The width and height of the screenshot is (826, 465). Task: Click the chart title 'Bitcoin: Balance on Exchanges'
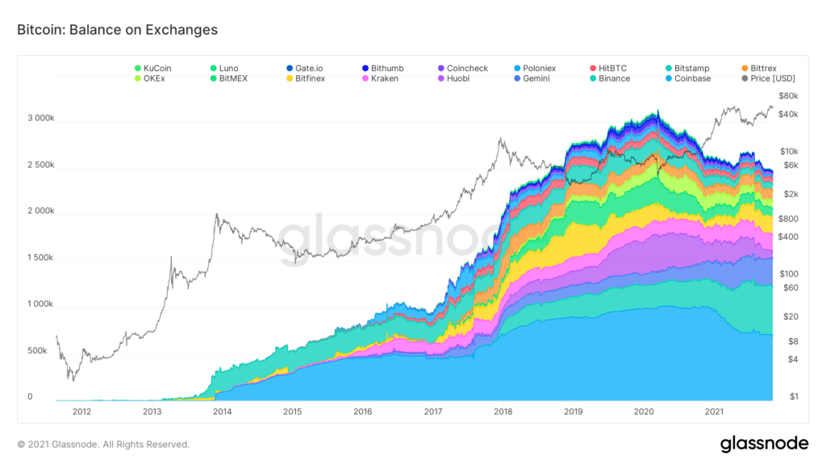(118, 30)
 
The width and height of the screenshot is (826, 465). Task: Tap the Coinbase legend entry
(692, 78)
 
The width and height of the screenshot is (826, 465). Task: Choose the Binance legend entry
(614, 78)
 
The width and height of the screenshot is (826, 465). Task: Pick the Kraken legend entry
(384, 78)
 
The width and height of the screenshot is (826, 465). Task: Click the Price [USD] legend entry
(767, 78)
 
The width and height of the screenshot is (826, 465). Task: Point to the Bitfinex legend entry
(310, 78)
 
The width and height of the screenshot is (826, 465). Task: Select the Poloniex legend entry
(539, 69)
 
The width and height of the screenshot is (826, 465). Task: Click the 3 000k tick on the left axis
(40, 118)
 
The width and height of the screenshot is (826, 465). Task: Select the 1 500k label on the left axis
(40, 258)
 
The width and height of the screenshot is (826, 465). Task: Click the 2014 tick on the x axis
(222, 412)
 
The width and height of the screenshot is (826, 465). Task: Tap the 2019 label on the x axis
(573, 412)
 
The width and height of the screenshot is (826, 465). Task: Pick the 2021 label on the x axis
(713, 412)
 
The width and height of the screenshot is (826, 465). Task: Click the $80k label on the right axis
(788, 96)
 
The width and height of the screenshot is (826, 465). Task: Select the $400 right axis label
(788, 237)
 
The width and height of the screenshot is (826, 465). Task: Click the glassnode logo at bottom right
(764, 443)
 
